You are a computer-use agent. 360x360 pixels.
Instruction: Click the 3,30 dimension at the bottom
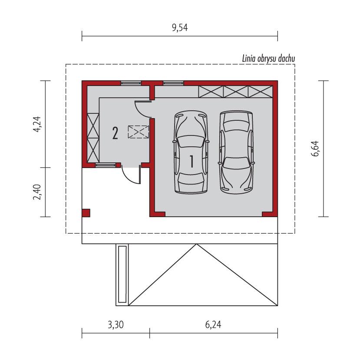pos(115,324)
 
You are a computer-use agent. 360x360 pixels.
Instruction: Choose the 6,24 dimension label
pos(214,324)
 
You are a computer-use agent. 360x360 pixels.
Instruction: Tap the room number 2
pos(115,133)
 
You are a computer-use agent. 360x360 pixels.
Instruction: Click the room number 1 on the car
pos(191,162)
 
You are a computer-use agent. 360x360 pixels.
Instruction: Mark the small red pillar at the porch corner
pos(86,213)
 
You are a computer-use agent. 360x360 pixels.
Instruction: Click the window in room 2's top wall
pos(131,82)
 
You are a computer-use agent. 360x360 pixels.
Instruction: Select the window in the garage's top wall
pos(173,82)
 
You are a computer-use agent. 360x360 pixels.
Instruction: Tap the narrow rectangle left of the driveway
pos(122,274)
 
